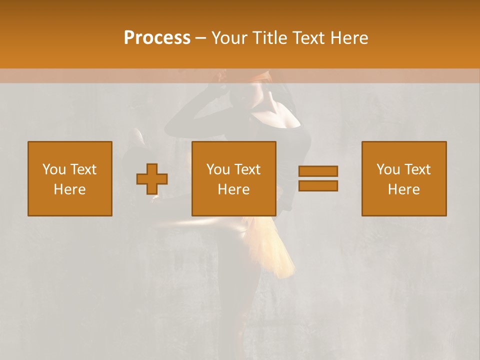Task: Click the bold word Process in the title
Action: [x=157, y=38]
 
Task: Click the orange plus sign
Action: [x=152, y=179]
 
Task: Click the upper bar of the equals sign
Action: [x=318, y=171]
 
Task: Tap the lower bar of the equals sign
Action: [x=318, y=186]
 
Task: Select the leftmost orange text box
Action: [x=70, y=178]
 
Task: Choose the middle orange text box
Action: [x=234, y=178]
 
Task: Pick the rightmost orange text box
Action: [x=404, y=178]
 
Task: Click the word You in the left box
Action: [x=53, y=169]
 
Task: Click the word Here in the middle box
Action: [x=234, y=189]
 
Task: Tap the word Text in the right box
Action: [x=417, y=169]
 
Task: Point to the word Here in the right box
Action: [x=404, y=189]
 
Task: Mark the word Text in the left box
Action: [x=83, y=169]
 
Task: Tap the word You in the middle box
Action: [x=217, y=169]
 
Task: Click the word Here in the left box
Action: [x=70, y=189]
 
